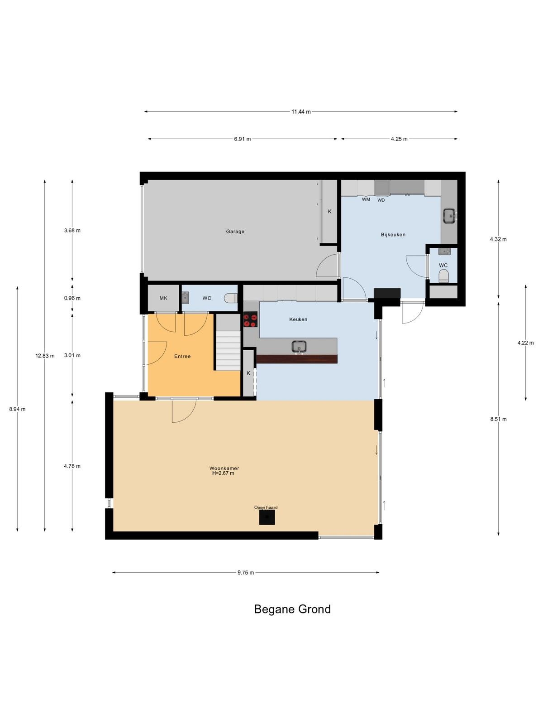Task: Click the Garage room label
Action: pos(235,232)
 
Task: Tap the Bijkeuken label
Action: pos(393,235)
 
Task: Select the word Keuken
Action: pos(298,319)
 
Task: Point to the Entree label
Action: pos(182,357)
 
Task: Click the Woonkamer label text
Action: pos(224,468)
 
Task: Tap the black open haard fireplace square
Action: pos(267,517)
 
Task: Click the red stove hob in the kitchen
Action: pos(250,319)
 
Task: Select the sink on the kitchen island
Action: pos(299,347)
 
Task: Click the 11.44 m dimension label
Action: pos(300,111)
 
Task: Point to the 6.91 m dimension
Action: pos(243,139)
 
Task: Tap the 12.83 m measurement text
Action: pos(45,356)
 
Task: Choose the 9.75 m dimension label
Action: pos(246,573)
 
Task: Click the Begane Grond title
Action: pos(292,609)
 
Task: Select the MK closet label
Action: pos(163,298)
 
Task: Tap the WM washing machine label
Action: pos(366,199)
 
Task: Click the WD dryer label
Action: pos(381,200)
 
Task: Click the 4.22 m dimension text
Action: pos(525,343)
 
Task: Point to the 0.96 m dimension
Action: pos(72,298)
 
